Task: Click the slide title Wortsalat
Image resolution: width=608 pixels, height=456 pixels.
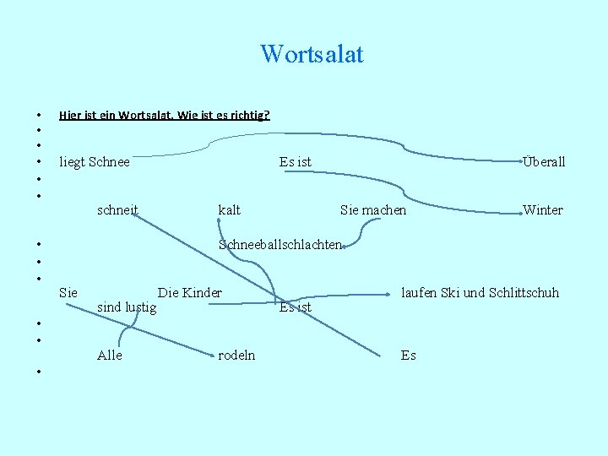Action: (312, 55)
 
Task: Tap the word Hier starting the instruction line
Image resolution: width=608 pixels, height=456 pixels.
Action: (70, 114)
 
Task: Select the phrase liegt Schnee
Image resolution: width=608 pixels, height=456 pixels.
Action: (95, 162)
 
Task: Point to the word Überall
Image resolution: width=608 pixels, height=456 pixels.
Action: (544, 162)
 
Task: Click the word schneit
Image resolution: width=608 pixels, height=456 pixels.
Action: (118, 209)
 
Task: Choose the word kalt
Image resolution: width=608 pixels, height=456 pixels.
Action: (229, 209)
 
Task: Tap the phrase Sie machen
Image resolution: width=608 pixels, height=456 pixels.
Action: (372, 209)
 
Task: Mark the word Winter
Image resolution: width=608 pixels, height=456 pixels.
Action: (543, 209)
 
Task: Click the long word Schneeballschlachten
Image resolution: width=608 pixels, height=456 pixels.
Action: (280, 245)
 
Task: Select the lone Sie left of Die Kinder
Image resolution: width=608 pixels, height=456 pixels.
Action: (68, 293)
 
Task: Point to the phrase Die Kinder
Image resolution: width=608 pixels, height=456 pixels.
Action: (190, 293)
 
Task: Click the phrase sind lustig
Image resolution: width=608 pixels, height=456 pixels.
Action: (127, 307)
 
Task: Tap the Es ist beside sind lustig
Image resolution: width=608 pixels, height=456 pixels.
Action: (295, 307)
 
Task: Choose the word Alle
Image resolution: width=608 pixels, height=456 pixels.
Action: (110, 356)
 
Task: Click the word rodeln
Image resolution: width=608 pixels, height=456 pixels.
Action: (236, 356)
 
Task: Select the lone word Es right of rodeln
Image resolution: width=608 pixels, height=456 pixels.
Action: (408, 356)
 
